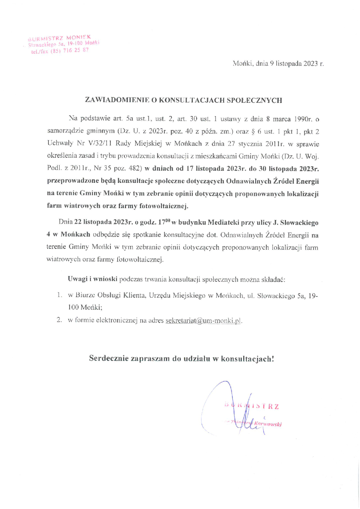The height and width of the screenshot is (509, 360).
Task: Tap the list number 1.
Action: click(x=59, y=295)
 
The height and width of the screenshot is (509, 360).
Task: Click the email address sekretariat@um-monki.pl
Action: click(x=204, y=321)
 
